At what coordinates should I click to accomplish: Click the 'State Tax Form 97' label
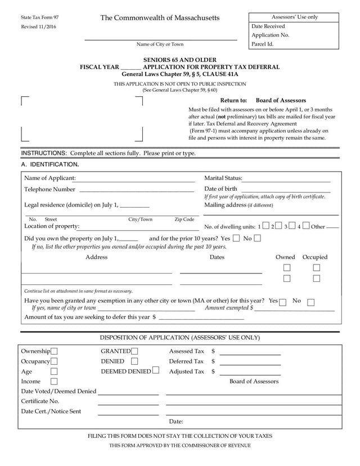[x=39, y=17]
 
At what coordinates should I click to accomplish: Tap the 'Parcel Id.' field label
[x=263, y=43]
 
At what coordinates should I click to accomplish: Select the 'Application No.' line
[x=270, y=35]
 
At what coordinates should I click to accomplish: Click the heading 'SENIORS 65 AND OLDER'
[x=179, y=59]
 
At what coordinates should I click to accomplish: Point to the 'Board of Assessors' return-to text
[x=281, y=100]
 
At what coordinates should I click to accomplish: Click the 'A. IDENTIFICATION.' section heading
[x=50, y=164]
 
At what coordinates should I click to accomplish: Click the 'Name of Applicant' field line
[x=135, y=178]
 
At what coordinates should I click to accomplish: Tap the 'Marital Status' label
[x=223, y=178]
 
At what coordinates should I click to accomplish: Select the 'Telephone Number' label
[x=49, y=189]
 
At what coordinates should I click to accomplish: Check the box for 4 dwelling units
[x=305, y=226]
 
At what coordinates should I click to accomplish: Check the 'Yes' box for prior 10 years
[x=236, y=238]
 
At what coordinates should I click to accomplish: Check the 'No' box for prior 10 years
[x=258, y=238]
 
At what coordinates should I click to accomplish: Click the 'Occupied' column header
[x=315, y=257]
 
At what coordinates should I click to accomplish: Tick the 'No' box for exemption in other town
[x=310, y=302]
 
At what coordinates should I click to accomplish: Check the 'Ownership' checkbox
[x=54, y=352]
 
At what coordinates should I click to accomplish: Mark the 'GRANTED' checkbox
[x=134, y=352]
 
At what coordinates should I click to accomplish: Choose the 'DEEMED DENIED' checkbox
[x=156, y=371]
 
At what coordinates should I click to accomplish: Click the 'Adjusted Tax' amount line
[x=250, y=372]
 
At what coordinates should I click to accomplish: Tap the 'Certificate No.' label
[x=40, y=401]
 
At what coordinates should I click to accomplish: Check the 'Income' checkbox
[x=54, y=382]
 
